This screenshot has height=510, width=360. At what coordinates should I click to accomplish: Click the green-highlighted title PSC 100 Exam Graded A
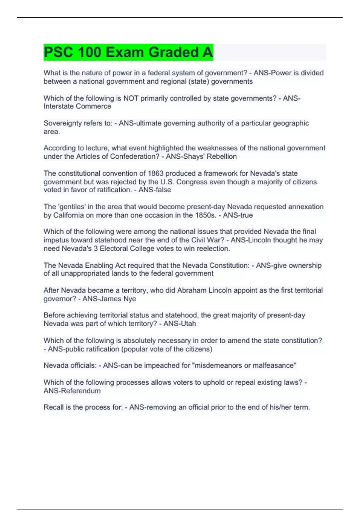click(128, 52)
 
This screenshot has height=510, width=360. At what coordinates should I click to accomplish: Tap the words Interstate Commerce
click(77, 106)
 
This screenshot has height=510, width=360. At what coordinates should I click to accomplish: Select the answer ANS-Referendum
click(72, 391)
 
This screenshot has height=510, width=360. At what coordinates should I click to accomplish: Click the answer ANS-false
click(154, 190)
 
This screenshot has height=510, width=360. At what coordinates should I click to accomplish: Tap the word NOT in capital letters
click(131, 98)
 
